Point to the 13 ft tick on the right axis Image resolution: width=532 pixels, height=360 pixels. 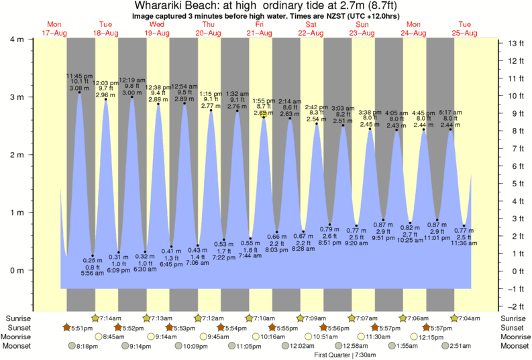coord(515,44)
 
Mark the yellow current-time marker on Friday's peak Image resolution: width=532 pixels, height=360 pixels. coord(264,114)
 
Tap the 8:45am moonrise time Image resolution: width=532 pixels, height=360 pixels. coord(114,337)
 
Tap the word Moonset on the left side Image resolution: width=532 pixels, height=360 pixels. coord(17,346)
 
